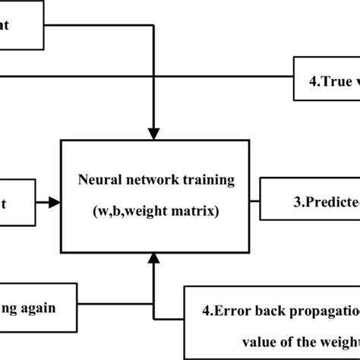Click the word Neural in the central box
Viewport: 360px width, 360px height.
point(96,182)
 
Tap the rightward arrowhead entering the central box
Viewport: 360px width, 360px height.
point(53,202)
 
